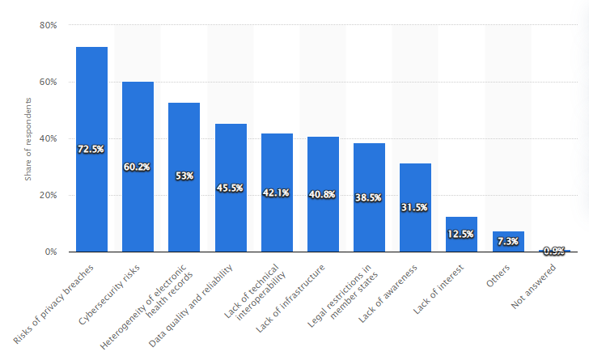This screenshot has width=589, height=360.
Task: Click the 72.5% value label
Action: (x=91, y=150)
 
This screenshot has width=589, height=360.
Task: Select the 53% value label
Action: (x=184, y=176)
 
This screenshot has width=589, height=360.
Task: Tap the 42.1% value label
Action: (x=277, y=193)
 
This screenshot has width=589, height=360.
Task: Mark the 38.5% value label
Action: (x=369, y=197)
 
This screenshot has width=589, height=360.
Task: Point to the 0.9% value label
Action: (x=554, y=251)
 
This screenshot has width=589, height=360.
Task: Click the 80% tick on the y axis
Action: (x=48, y=25)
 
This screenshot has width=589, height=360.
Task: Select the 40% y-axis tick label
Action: (x=48, y=138)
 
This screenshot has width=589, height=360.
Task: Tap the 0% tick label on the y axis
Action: (x=50, y=252)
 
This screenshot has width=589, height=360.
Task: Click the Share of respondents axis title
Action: (x=28, y=138)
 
